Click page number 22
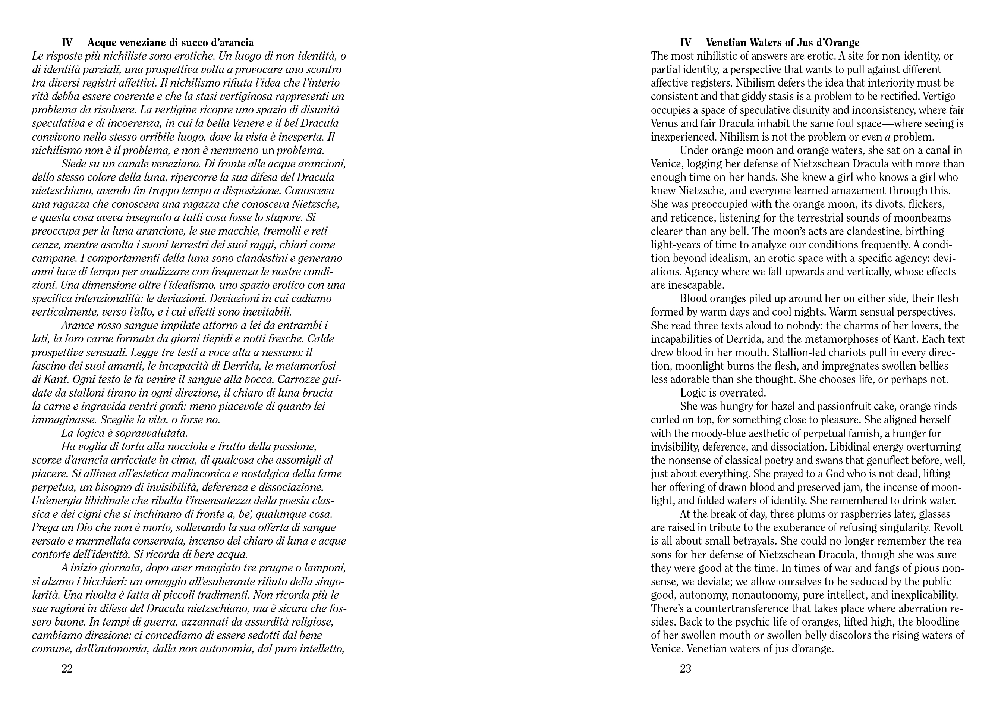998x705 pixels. click(x=67, y=669)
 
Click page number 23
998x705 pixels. click(x=686, y=669)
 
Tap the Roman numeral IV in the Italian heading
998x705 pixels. click(x=67, y=43)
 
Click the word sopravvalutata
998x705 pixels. click(x=150, y=433)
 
